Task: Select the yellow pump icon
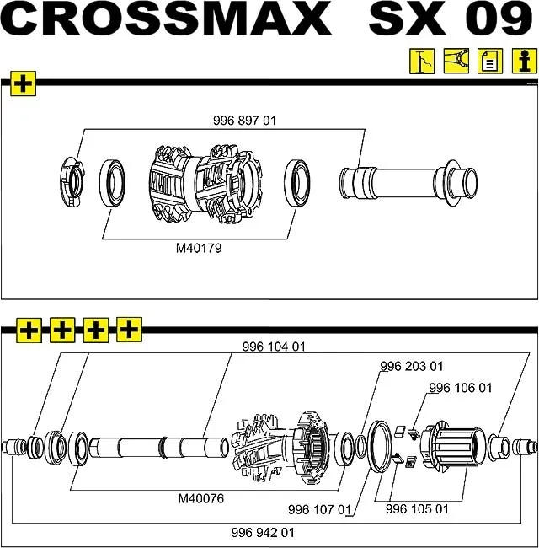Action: coord(421,62)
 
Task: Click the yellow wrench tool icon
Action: coord(456,62)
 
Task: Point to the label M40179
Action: coord(199,249)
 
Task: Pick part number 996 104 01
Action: coord(274,347)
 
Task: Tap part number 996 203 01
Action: coord(412,367)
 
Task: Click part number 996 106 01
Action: coord(460,389)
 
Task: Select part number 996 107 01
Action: coord(318,510)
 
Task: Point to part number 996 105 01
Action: coord(417,510)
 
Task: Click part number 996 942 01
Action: coord(263,533)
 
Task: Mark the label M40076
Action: coord(200,498)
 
